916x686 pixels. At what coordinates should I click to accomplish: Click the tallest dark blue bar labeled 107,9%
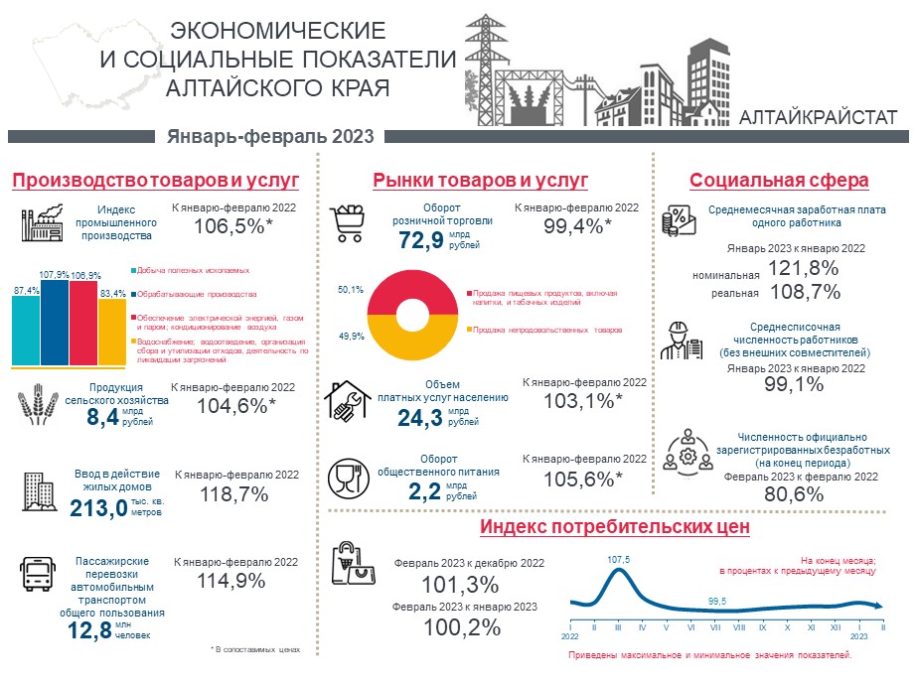click(55, 323)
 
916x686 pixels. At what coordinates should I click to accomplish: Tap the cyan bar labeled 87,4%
click(26, 332)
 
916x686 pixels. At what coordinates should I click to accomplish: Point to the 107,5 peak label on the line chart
click(618, 560)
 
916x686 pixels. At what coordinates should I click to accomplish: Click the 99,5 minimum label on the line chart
click(717, 602)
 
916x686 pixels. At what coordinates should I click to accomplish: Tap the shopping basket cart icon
click(349, 223)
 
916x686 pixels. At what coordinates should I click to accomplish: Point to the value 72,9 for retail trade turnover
click(419, 240)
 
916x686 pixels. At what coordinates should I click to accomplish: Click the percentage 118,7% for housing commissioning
click(235, 494)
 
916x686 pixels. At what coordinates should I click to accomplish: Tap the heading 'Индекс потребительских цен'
click(614, 526)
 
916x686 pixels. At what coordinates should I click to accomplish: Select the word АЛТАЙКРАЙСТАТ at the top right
click(819, 117)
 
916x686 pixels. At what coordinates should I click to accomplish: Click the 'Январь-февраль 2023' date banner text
click(270, 136)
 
